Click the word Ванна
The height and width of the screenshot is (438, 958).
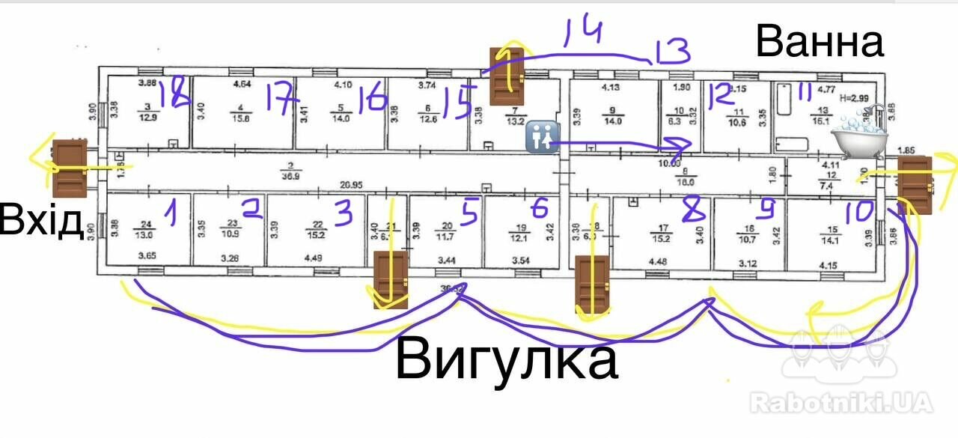[x=820, y=42]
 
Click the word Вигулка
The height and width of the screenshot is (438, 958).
[x=506, y=360]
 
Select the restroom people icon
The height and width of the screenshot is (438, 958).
[x=541, y=137]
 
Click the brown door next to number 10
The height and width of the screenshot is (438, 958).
[x=915, y=184]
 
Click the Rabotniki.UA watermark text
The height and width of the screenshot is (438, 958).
[x=842, y=402]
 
